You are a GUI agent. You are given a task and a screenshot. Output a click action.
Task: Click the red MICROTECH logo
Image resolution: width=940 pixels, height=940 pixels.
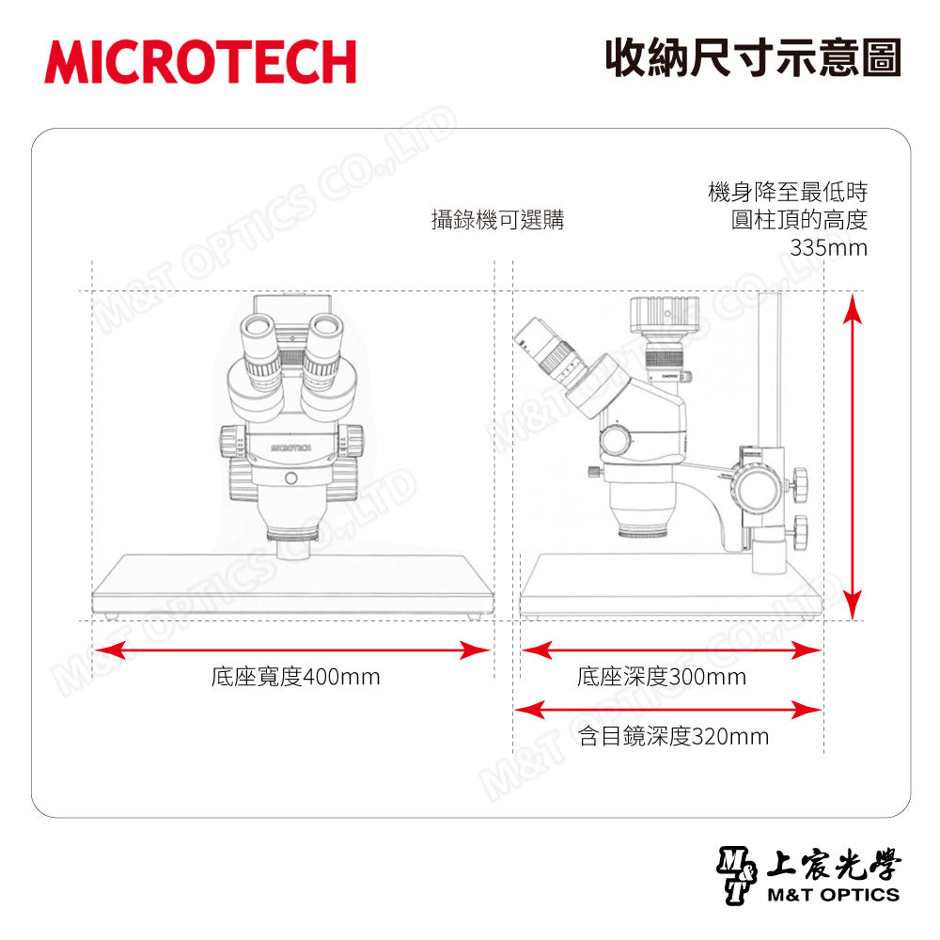pyautogui.click(x=200, y=62)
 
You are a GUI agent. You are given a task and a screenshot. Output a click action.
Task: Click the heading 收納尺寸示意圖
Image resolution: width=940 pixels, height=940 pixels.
pyautogui.click(x=753, y=58)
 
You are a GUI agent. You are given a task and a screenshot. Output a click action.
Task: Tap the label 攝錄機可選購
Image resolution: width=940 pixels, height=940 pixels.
pyautogui.click(x=497, y=220)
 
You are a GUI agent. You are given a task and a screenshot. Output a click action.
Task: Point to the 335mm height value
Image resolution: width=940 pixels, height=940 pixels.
pyautogui.click(x=828, y=247)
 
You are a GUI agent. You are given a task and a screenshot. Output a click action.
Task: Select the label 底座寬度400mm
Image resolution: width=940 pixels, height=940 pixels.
pyautogui.click(x=295, y=677)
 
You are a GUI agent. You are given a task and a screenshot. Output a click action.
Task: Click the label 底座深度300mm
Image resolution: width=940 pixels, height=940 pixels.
pyautogui.click(x=661, y=677)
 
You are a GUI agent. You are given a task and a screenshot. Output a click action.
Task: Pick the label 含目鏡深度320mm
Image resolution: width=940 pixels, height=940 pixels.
pyautogui.click(x=673, y=736)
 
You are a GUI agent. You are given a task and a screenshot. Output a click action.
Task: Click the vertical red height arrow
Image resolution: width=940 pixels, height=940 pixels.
pyautogui.click(x=852, y=456)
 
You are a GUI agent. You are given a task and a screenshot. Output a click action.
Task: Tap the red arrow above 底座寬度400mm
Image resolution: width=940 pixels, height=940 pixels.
pyautogui.click(x=292, y=650)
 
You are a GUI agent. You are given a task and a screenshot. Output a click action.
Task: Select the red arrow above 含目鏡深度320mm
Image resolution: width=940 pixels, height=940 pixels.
pyautogui.click(x=667, y=710)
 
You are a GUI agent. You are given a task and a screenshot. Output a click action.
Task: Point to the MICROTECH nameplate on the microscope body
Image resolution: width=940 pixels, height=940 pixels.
pyautogui.click(x=291, y=447)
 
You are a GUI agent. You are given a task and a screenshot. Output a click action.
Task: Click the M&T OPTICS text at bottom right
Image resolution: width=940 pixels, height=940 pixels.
pyautogui.click(x=833, y=895)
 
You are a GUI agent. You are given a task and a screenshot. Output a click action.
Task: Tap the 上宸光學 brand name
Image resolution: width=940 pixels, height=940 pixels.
pyautogui.click(x=833, y=865)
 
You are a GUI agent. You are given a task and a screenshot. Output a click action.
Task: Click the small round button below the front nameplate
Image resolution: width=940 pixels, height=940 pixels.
pyautogui.click(x=291, y=478)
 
